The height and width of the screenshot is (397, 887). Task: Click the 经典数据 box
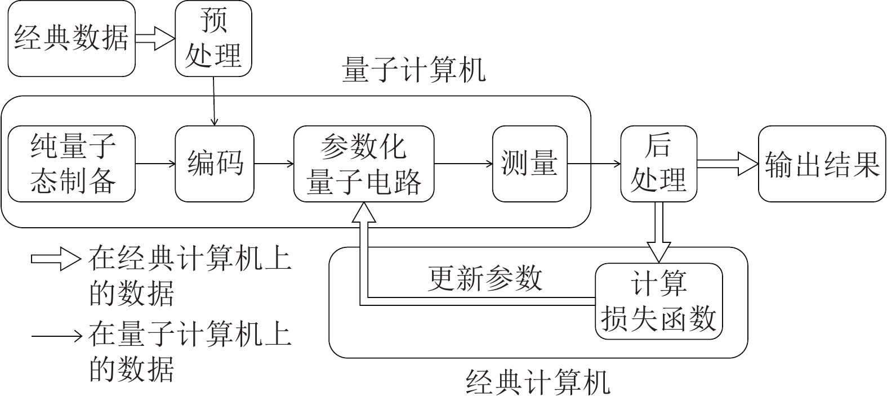(72, 39)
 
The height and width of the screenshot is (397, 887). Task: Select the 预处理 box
(213, 39)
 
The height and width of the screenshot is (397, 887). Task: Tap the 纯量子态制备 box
(72, 164)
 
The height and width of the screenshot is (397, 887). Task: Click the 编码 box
(215, 164)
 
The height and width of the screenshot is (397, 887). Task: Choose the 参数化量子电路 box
(364, 164)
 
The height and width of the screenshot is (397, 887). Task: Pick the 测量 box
(529, 164)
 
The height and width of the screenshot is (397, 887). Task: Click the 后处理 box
(658, 164)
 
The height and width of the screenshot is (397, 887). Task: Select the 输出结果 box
(822, 164)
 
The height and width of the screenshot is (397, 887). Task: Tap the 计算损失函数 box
(658, 301)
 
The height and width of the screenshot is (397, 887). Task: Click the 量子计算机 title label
(413, 72)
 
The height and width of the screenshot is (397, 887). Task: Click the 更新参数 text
(485, 278)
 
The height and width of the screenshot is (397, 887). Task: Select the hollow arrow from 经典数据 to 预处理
(155, 39)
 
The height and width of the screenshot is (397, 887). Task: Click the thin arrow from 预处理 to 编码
(213, 101)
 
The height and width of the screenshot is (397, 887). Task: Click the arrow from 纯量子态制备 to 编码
(155, 164)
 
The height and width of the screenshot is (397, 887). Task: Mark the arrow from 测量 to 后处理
(594, 164)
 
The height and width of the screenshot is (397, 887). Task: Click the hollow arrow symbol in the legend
(55, 260)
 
